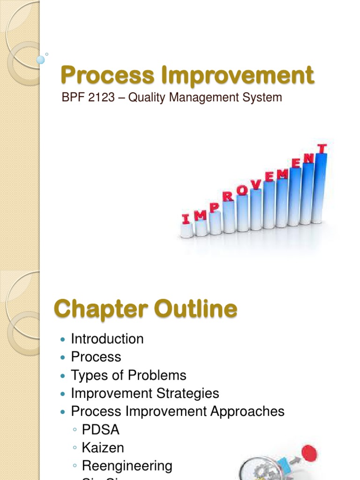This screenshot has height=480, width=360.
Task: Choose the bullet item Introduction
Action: click(107, 339)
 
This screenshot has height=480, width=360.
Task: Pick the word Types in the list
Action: click(87, 375)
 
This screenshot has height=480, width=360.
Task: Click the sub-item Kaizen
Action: click(103, 448)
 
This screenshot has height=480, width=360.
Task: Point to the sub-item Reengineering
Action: click(127, 466)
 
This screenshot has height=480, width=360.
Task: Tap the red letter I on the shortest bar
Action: click(186, 218)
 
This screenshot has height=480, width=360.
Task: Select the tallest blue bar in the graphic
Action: click(321, 187)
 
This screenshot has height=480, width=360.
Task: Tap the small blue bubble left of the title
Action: click(41, 60)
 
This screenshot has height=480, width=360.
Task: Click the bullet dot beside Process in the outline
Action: click(63, 358)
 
